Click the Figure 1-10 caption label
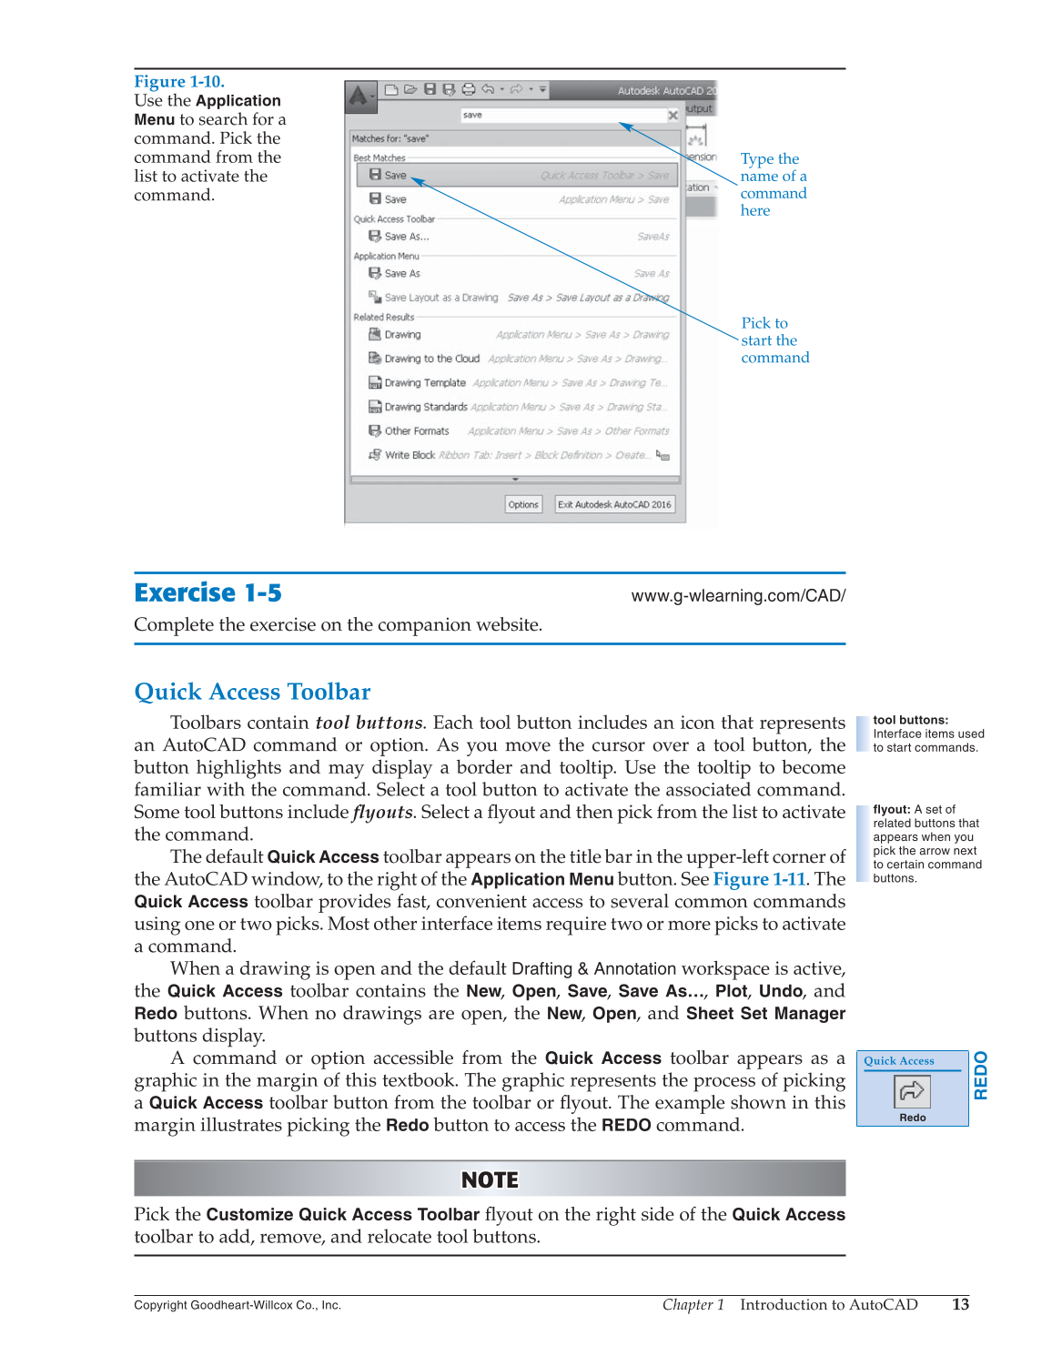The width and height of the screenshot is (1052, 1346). (179, 81)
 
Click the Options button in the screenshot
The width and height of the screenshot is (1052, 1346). (523, 504)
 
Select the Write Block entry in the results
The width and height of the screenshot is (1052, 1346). (409, 455)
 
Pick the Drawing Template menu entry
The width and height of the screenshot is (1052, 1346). (424, 383)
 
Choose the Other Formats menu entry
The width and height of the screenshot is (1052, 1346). (416, 431)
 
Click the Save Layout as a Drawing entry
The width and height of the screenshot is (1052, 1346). (440, 298)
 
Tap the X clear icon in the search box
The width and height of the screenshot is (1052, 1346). (673, 116)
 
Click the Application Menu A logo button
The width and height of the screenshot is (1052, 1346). (359, 95)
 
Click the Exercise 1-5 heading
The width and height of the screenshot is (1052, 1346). (207, 593)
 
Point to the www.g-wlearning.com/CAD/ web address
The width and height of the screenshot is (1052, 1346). (738, 596)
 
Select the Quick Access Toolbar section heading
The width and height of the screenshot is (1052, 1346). (252, 692)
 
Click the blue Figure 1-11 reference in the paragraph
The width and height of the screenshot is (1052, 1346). (759, 879)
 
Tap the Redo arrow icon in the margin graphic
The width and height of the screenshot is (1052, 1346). (912, 1090)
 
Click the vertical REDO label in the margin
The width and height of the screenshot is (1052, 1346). (981, 1075)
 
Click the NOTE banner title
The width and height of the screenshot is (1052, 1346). (490, 1179)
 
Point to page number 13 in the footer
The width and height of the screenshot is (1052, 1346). (960, 1304)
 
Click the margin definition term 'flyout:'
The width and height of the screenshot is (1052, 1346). (892, 809)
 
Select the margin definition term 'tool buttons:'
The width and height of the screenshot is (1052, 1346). (910, 720)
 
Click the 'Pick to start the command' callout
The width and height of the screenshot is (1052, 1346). (774, 340)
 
